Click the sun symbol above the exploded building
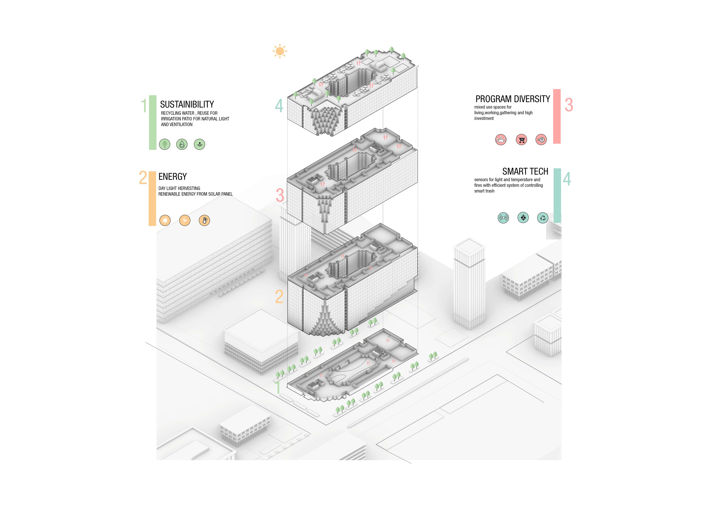coord(280,51)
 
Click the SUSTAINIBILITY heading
coord(187,105)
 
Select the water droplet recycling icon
coord(182,144)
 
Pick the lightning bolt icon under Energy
coord(185,220)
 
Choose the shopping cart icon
coord(521,139)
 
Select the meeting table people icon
coord(501,139)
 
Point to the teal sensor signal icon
coord(503,218)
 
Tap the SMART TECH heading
coord(525,171)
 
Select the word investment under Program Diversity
coord(484,118)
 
